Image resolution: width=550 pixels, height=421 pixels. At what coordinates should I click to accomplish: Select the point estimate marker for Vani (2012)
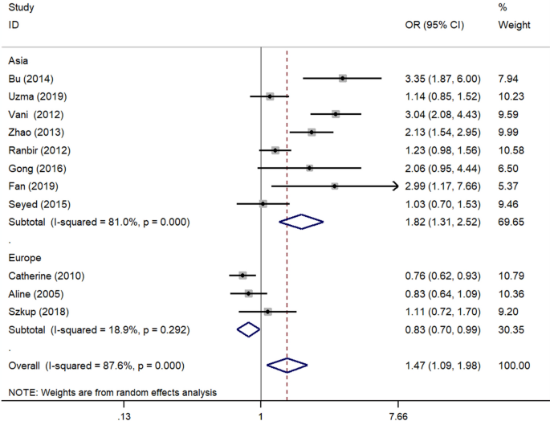[x=336, y=114]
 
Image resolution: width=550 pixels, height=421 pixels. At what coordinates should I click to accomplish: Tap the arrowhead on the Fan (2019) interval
[x=395, y=186]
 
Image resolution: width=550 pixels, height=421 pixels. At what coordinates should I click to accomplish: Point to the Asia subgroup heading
[x=19, y=60]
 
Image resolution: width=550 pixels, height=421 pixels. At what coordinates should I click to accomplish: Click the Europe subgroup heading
[x=25, y=258]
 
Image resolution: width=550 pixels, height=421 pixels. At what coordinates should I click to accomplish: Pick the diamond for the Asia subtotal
[x=301, y=222]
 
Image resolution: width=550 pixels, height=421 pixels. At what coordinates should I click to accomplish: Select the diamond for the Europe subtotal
[x=249, y=329]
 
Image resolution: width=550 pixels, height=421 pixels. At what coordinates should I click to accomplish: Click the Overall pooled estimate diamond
[x=287, y=366]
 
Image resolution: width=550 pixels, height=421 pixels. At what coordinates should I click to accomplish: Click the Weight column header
[x=514, y=25]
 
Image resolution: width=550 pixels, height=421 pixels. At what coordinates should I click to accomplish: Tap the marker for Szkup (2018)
[x=267, y=312]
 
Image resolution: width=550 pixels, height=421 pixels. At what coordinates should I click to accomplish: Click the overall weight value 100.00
[x=514, y=366]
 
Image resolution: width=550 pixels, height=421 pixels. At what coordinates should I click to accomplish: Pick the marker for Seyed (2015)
[x=263, y=204]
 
